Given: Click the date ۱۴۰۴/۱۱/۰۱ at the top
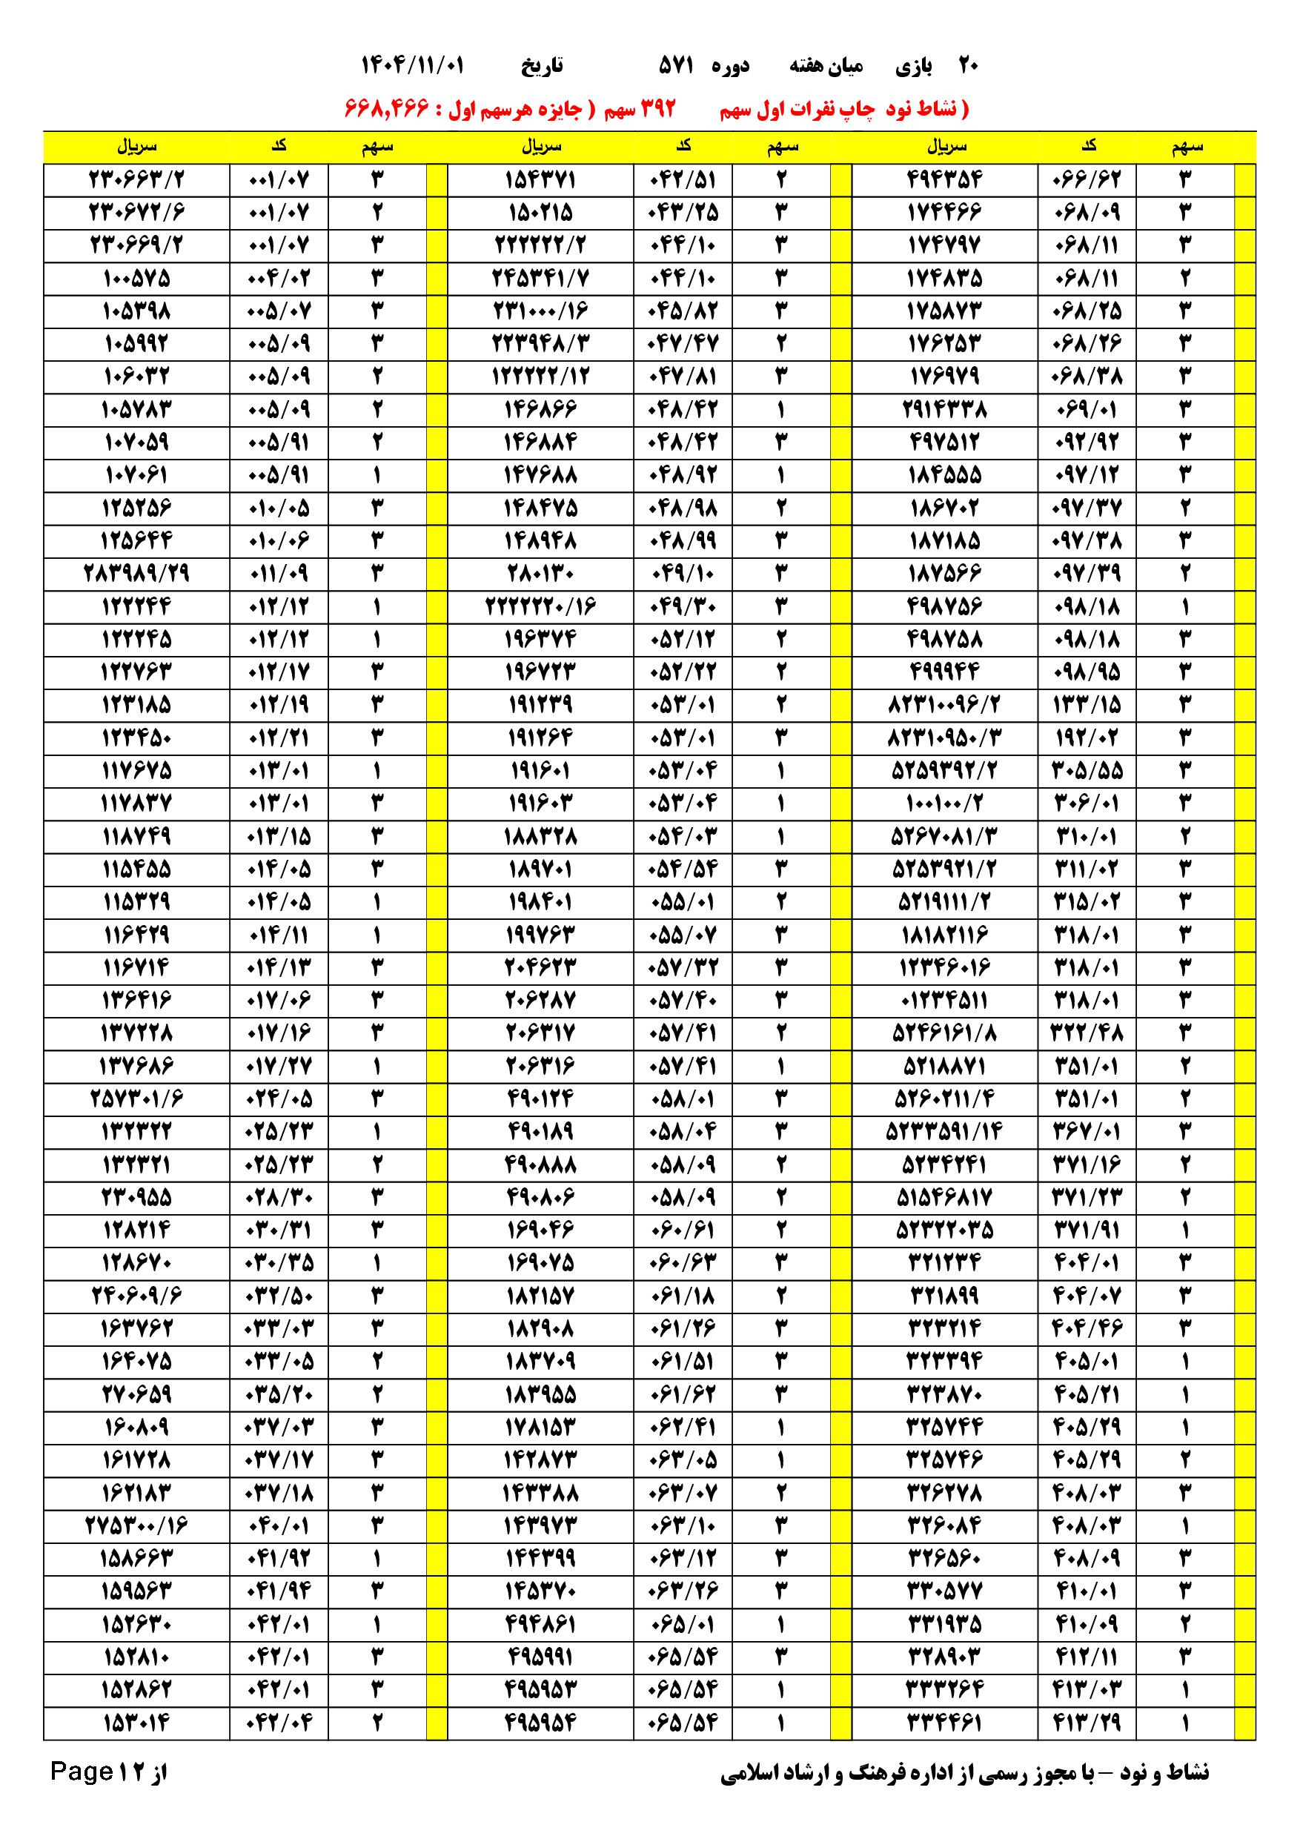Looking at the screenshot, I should [x=413, y=65].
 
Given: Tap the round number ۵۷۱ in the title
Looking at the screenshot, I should [x=675, y=65].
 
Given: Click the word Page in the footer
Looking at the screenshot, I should [x=81, y=1771].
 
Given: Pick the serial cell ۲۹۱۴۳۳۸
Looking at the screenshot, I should [x=945, y=410].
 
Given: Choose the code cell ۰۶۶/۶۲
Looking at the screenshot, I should [x=1086, y=179].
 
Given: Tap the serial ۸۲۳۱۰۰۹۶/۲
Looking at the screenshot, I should [x=945, y=705].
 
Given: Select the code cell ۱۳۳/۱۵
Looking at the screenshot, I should [x=1086, y=705].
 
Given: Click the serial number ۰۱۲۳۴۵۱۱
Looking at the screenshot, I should [x=945, y=1001].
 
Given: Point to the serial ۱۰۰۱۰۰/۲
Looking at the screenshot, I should [x=945, y=803].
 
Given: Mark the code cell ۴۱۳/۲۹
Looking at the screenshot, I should [x=1086, y=1722].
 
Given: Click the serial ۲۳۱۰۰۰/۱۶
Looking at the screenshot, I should [x=540, y=311].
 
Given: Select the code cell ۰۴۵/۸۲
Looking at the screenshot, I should [x=683, y=311].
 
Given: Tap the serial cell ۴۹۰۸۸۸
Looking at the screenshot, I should [x=540, y=1164].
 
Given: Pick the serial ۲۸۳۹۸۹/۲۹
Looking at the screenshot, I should [x=136, y=574].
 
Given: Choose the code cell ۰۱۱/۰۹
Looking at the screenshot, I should [x=278, y=574].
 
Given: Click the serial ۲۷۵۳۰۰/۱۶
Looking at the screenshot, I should [x=136, y=1525].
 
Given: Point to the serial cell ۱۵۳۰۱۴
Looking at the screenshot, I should [x=136, y=1722].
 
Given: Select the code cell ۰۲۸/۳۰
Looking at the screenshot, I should [x=278, y=1197].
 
